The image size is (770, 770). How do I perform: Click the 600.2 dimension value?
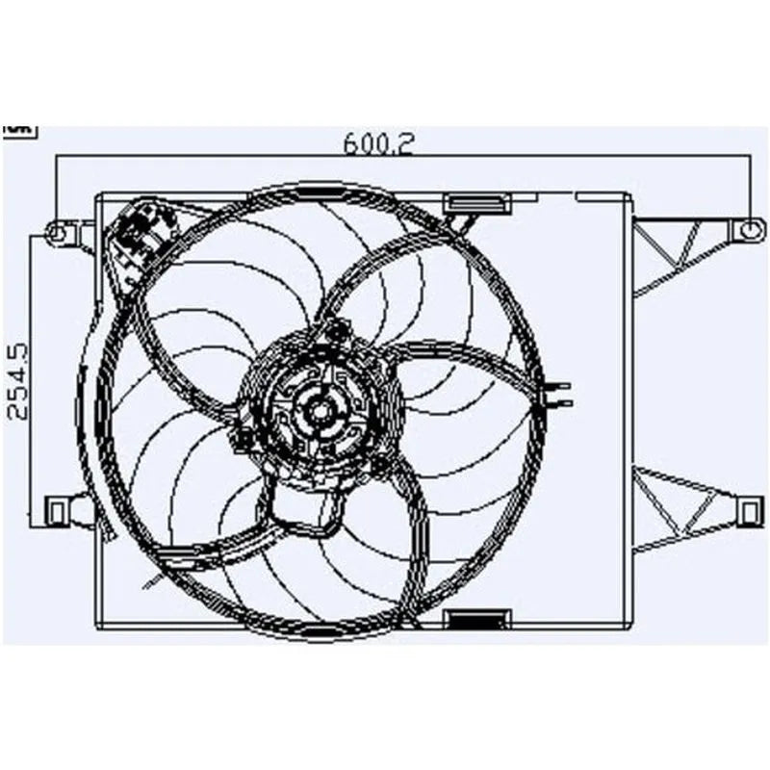378,143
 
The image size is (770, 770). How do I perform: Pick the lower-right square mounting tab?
749,508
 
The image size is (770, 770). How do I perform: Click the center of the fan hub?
320,410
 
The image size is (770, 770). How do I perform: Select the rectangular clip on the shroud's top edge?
475,203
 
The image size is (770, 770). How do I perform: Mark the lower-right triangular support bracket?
680,505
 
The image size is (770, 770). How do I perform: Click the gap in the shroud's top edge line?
556,194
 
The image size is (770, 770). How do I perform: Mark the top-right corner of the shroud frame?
630,194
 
